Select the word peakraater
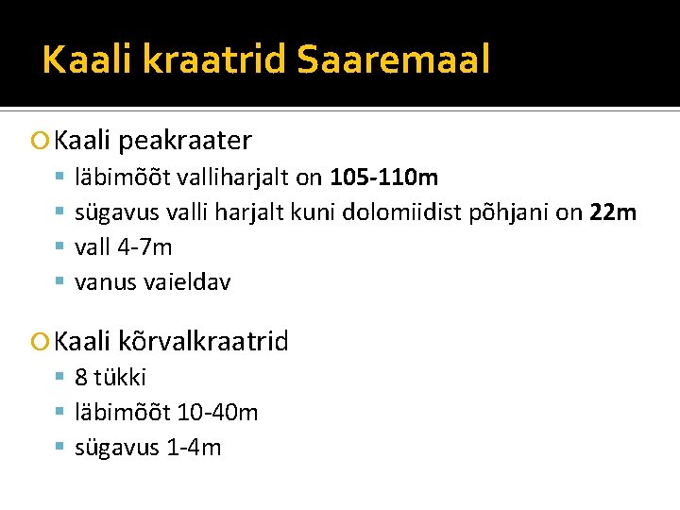pos(185,141)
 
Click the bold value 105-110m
pos(383,177)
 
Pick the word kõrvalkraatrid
pos(204,341)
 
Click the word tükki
pos(121,377)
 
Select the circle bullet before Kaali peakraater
pos(39,142)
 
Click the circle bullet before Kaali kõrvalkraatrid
pos(39,342)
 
